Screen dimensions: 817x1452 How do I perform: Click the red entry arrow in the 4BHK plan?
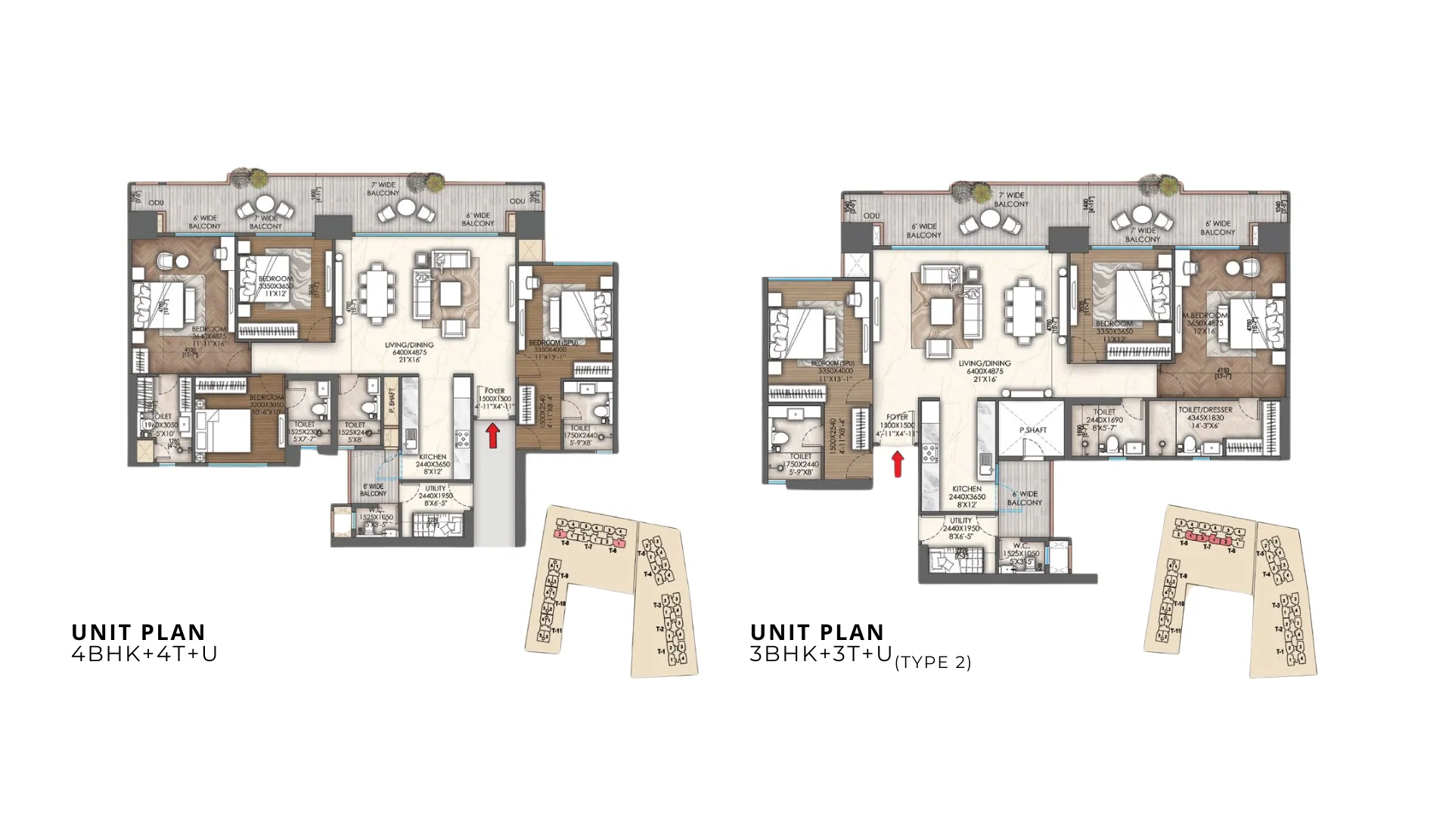[492, 435]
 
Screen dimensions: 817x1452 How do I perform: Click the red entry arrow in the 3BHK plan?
[898, 464]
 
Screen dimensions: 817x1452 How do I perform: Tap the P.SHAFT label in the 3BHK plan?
[1032, 430]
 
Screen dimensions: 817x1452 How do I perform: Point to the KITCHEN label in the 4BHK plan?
[433, 457]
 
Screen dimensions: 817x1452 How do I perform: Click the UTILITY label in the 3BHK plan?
[960, 520]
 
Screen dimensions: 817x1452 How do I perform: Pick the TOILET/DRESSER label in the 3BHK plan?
[1205, 410]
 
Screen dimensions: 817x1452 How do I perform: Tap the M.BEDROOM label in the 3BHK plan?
[1205, 315]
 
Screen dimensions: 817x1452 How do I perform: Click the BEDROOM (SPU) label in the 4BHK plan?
[555, 343]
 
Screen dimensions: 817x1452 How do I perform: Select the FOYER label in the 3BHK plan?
[897, 417]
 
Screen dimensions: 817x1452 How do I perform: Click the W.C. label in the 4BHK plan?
[376, 510]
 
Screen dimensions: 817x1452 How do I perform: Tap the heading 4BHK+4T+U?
[144, 654]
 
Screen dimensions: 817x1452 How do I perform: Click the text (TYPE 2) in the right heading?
[932, 663]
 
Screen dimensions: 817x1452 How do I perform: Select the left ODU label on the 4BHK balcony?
[156, 203]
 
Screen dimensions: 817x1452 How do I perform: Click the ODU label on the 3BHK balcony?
[871, 216]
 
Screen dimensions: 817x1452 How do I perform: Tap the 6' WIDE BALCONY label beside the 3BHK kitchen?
[1025, 499]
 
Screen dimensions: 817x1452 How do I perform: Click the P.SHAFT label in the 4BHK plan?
[391, 402]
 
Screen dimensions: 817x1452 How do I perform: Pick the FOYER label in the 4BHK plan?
[495, 391]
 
